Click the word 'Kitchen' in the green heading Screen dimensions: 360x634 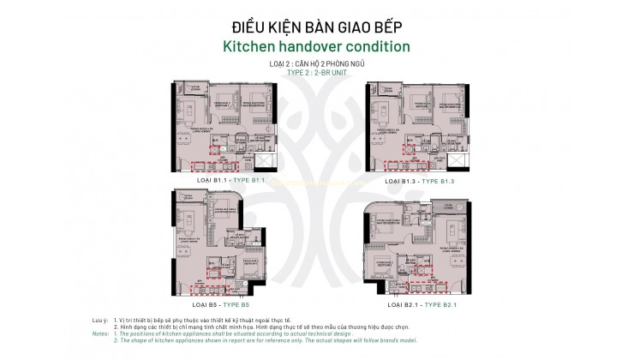(253, 45)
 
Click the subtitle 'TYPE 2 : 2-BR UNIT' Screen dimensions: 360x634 (317, 72)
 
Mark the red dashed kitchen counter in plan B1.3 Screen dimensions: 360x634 (403, 165)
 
